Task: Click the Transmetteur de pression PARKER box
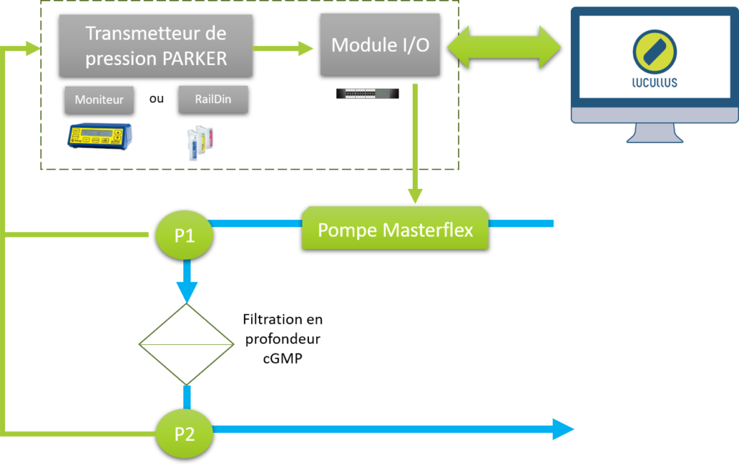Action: (156, 45)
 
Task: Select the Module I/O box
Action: (380, 45)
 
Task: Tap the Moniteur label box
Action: (99, 100)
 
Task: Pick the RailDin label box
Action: (213, 99)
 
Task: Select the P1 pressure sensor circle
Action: (184, 234)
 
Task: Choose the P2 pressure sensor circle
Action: (184, 434)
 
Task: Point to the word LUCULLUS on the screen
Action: (654, 83)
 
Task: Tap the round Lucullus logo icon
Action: (655, 52)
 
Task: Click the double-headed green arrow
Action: (504, 47)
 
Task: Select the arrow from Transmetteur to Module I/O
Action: (283, 48)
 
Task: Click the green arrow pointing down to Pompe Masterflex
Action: (415, 144)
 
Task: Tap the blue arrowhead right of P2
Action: (563, 429)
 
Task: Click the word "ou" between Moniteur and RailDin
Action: (157, 99)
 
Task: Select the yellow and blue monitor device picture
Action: (100, 136)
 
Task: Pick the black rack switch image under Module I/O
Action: (367, 94)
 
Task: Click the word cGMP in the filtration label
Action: (282, 359)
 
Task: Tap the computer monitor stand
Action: (654, 133)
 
